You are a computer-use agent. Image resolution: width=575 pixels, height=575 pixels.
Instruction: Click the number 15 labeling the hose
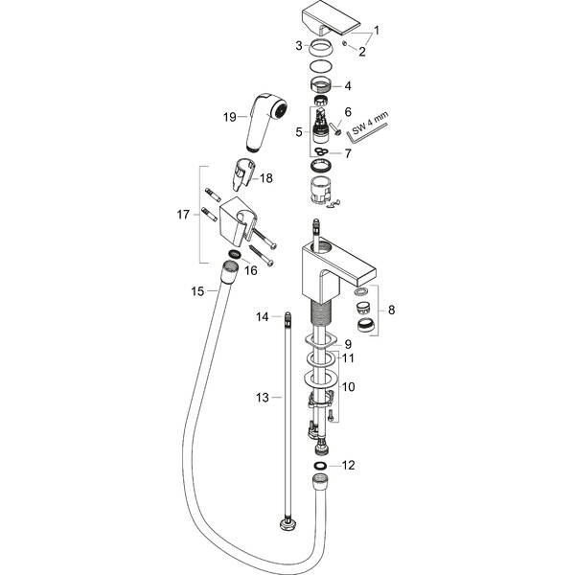click(x=197, y=290)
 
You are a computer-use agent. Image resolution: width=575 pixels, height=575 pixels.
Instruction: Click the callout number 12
click(x=349, y=465)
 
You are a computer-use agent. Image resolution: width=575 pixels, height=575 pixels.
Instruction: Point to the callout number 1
click(x=377, y=30)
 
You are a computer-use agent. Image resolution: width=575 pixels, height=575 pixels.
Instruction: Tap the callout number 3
click(x=299, y=45)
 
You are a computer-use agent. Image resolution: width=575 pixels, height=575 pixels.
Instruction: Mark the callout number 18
click(x=266, y=178)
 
